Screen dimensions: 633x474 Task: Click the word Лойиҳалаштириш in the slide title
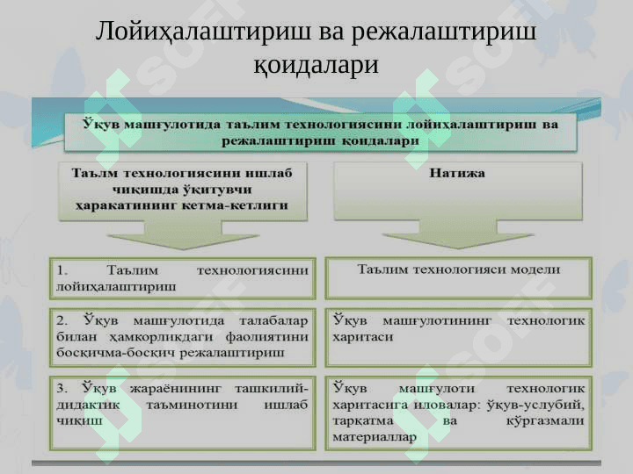coord(203,32)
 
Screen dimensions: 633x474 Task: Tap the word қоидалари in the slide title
coord(316,64)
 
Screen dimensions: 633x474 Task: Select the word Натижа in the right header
coord(457,173)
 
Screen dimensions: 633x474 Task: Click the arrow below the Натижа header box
coord(458,234)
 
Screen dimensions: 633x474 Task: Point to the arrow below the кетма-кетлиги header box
coord(183,235)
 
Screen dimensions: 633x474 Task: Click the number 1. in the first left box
coord(62,270)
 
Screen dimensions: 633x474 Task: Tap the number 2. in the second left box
coord(62,321)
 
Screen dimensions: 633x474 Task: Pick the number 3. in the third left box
coord(62,389)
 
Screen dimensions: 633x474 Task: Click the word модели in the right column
coord(535,269)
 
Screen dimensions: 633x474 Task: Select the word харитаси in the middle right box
coord(362,337)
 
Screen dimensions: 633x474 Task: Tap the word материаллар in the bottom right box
coord(375,437)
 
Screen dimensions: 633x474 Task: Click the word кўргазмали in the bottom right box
coord(545,420)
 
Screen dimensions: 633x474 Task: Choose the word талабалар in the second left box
coord(273,321)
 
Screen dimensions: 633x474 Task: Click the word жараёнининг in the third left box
coord(176,389)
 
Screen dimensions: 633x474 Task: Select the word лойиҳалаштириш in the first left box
coord(116,287)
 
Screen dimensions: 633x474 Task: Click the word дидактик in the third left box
coord(88,405)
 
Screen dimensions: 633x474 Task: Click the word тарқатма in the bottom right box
coord(362,421)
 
